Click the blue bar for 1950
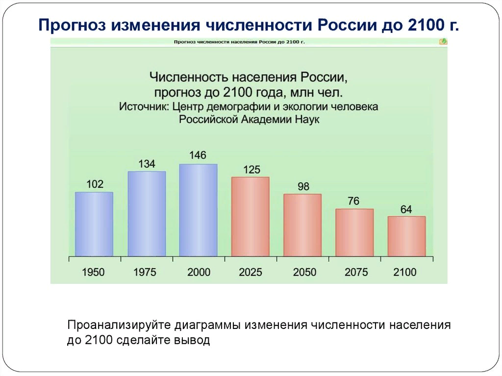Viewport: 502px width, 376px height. [x=94, y=224]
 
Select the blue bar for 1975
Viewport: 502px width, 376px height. [x=147, y=214]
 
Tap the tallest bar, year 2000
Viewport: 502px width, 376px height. [x=198, y=210]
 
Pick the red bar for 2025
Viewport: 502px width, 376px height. [x=250, y=216]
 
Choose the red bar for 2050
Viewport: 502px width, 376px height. [x=302, y=225]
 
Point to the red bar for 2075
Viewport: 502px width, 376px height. [x=354, y=232]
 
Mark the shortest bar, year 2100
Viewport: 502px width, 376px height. [x=406, y=236]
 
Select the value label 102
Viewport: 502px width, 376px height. [x=95, y=184]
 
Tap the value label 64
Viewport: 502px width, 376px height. [x=406, y=209]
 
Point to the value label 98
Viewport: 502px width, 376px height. [x=302, y=187]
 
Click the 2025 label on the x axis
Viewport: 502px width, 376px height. [x=250, y=272]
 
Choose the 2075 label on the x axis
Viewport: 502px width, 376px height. [x=354, y=272]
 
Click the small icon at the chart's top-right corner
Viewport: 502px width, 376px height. [x=443, y=42]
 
